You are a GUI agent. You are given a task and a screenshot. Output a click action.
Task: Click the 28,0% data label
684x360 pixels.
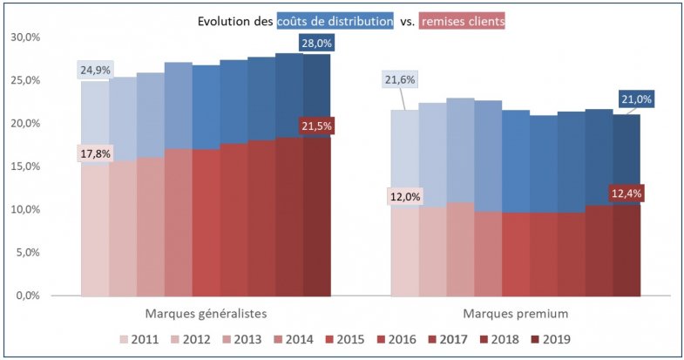point(316,43)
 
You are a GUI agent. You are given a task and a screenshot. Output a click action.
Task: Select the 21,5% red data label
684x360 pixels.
point(316,126)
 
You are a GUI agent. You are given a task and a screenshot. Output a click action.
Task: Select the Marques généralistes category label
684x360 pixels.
point(205,312)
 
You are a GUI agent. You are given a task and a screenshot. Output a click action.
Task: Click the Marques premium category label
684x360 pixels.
point(515,312)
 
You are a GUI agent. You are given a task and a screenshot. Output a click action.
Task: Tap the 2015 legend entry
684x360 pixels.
point(345,338)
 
